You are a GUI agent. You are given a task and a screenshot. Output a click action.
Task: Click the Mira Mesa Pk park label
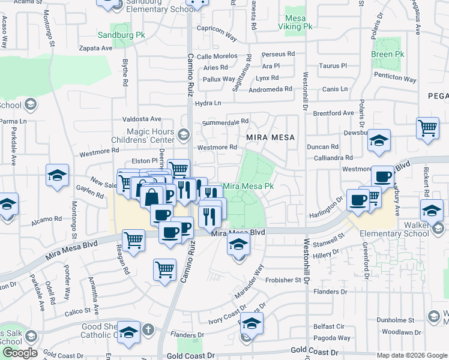pos(249,186)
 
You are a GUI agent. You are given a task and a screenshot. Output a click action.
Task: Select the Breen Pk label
pos(387,55)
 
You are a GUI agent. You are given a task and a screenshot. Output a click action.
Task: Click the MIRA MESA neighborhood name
pos(271,137)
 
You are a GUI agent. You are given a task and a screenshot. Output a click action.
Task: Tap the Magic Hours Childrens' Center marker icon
pos(184,133)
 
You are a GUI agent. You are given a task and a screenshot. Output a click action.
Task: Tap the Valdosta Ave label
pos(142,119)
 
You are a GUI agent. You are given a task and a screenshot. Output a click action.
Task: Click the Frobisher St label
pos(285,280)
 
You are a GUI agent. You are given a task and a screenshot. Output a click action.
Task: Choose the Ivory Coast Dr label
pos(226,317)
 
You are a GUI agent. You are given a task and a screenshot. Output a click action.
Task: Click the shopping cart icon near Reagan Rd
pos(134,240)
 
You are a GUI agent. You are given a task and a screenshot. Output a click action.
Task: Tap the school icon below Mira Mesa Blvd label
pos(239,245)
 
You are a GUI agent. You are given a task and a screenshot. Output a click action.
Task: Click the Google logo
pos(20,353)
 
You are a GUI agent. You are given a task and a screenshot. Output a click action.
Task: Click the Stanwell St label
pos(331,244)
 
